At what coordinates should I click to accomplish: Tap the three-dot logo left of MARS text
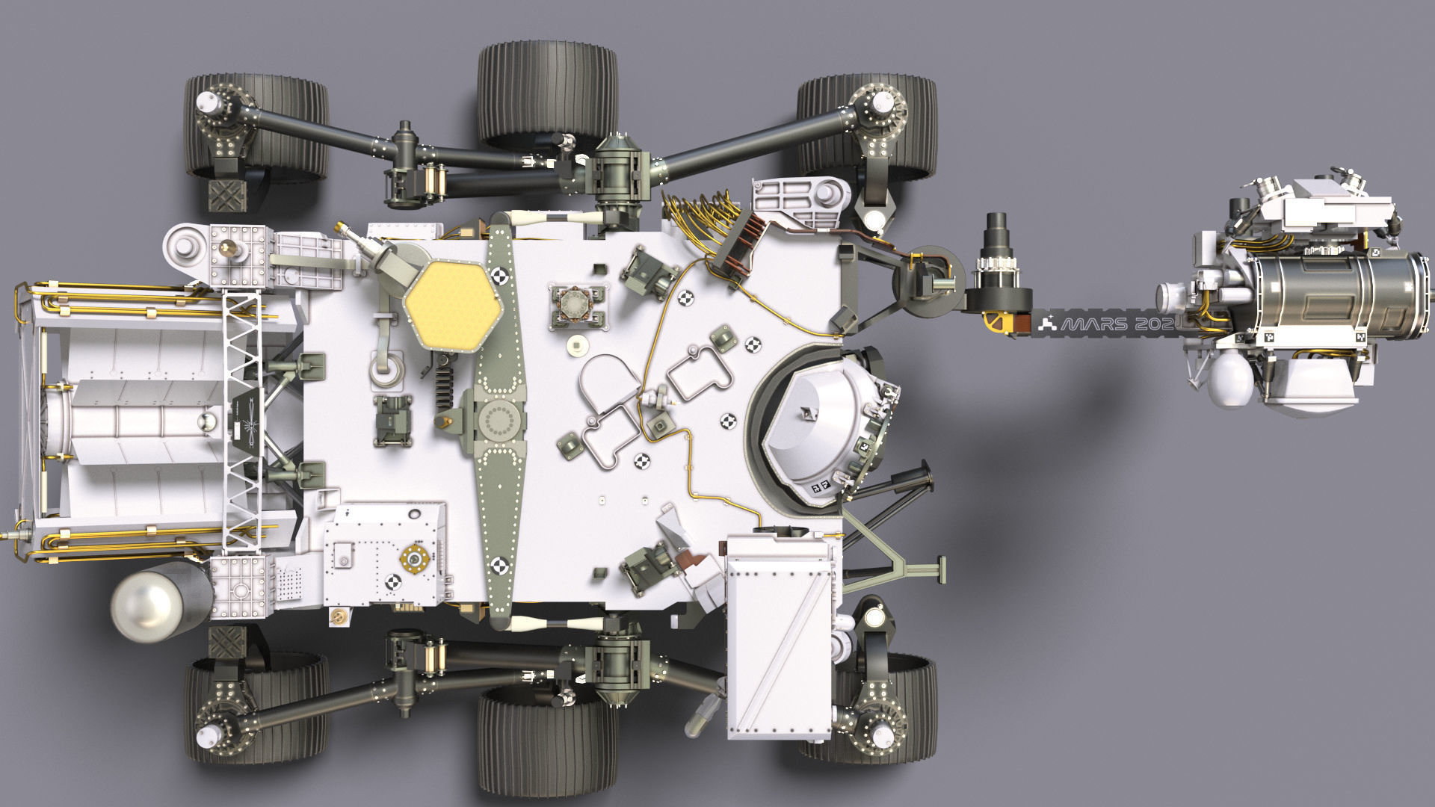(1049, 324)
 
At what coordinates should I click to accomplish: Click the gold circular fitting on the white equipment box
(413, 557)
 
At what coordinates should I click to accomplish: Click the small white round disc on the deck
(576, 344)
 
